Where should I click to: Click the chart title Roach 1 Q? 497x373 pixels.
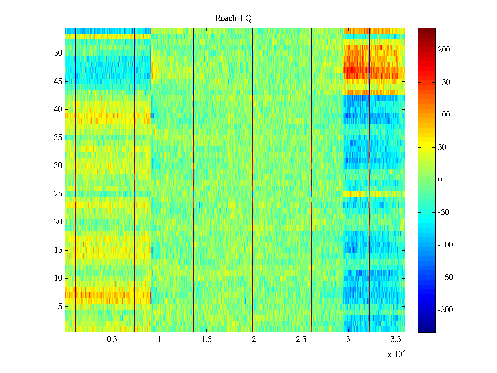(233, 18)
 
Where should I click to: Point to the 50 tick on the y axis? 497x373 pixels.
(58, 53)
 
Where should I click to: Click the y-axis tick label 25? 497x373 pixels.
(58, 194)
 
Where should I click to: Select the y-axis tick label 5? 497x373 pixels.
(60, 306)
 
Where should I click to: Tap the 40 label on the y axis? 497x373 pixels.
(58, 109)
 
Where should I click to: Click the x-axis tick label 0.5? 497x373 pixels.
(112, 339)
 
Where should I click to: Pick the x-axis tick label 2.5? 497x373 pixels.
(301, 339)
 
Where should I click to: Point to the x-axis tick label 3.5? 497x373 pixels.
(396, 339)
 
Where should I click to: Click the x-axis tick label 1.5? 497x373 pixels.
(207, 339)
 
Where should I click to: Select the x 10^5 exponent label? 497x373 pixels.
(396, 354)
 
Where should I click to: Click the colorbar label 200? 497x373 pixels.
(444, 50)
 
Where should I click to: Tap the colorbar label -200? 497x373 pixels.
(445, 310)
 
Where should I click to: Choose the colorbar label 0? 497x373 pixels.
(440, 180)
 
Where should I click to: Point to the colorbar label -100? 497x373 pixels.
(445, 245)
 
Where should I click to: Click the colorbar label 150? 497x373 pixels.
(444, 82)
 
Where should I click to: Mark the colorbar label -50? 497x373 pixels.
(444, 212)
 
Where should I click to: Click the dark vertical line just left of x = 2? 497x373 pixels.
(252, 180)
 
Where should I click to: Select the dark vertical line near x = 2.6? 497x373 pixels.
(311, 180)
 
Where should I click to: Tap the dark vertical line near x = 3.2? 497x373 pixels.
(370, 180)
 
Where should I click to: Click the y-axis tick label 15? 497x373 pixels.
(58, 250)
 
